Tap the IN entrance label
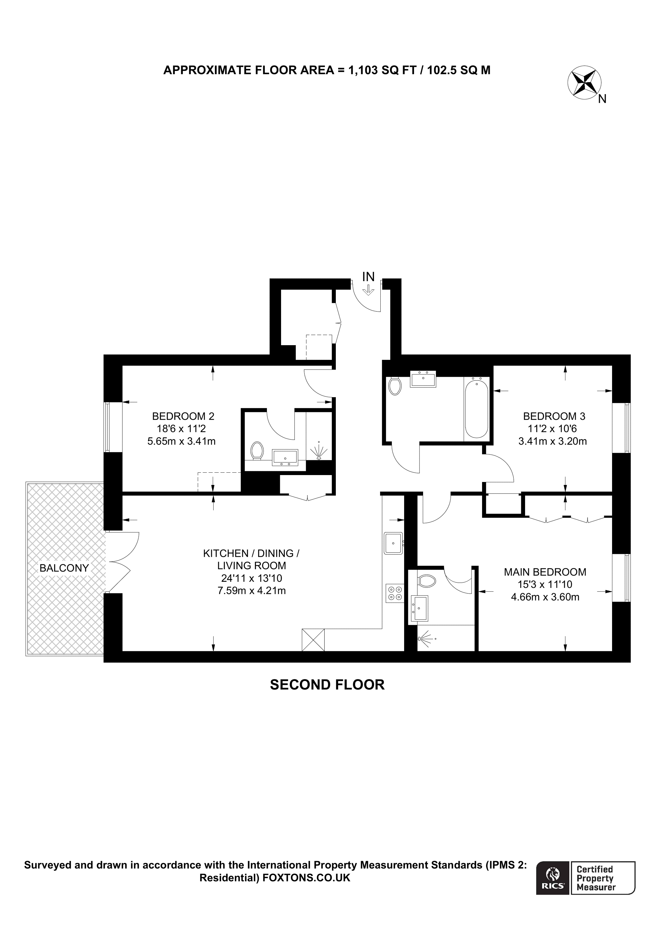(x=368, y=277)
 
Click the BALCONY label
(x=64, y=568)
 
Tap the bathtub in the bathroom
(x=476, y=408)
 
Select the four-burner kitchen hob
(x=395, y=593)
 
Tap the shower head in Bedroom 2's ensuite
(x=319, y=452)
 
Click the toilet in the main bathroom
(x=395, y=386)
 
